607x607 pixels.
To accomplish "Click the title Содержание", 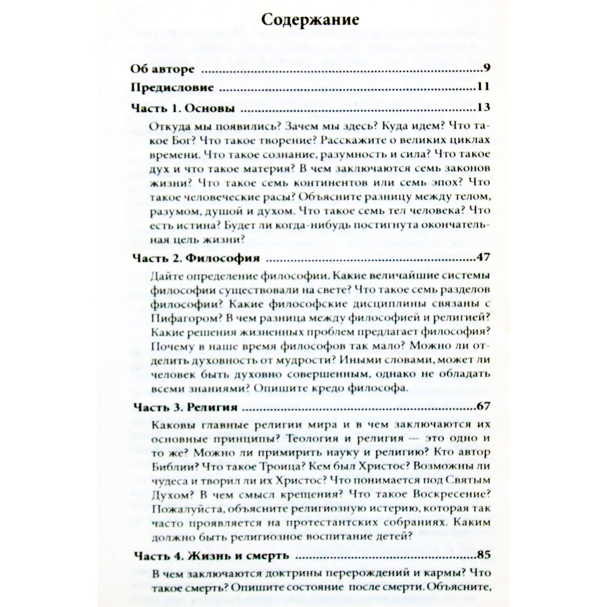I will point(310,20).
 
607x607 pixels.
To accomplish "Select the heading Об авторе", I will point(163,69).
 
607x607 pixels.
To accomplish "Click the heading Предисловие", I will point(173,88).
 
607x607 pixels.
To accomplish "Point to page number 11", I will point(483,87).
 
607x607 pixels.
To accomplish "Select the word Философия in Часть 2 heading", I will point(223,258).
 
